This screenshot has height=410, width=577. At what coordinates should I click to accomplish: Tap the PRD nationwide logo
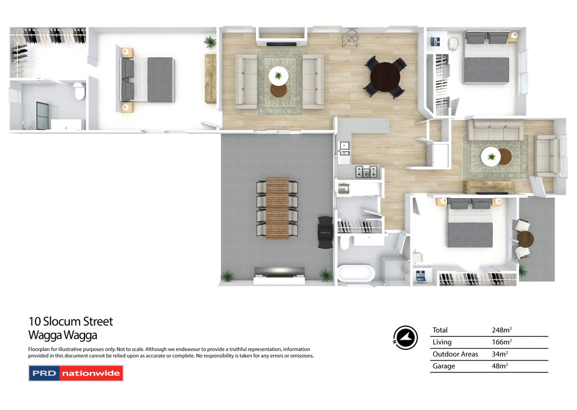click(76, 373)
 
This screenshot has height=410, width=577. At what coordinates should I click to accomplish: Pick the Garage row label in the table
click(444, 366)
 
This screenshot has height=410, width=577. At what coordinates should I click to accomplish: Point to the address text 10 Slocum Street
click(71, 322)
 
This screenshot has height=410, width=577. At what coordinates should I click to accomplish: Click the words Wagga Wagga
click(63, 336)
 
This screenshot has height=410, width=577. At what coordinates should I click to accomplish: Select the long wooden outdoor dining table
click(277, 208)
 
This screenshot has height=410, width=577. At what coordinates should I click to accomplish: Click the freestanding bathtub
click(356, 274)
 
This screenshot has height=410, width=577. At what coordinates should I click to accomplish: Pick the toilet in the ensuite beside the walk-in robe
click(79, 91)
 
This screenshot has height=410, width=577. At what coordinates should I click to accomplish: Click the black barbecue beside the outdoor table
click(325, 232)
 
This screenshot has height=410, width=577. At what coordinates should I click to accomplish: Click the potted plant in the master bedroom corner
click(210, 41)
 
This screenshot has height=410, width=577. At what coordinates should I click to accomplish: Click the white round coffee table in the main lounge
click(278, 75)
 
